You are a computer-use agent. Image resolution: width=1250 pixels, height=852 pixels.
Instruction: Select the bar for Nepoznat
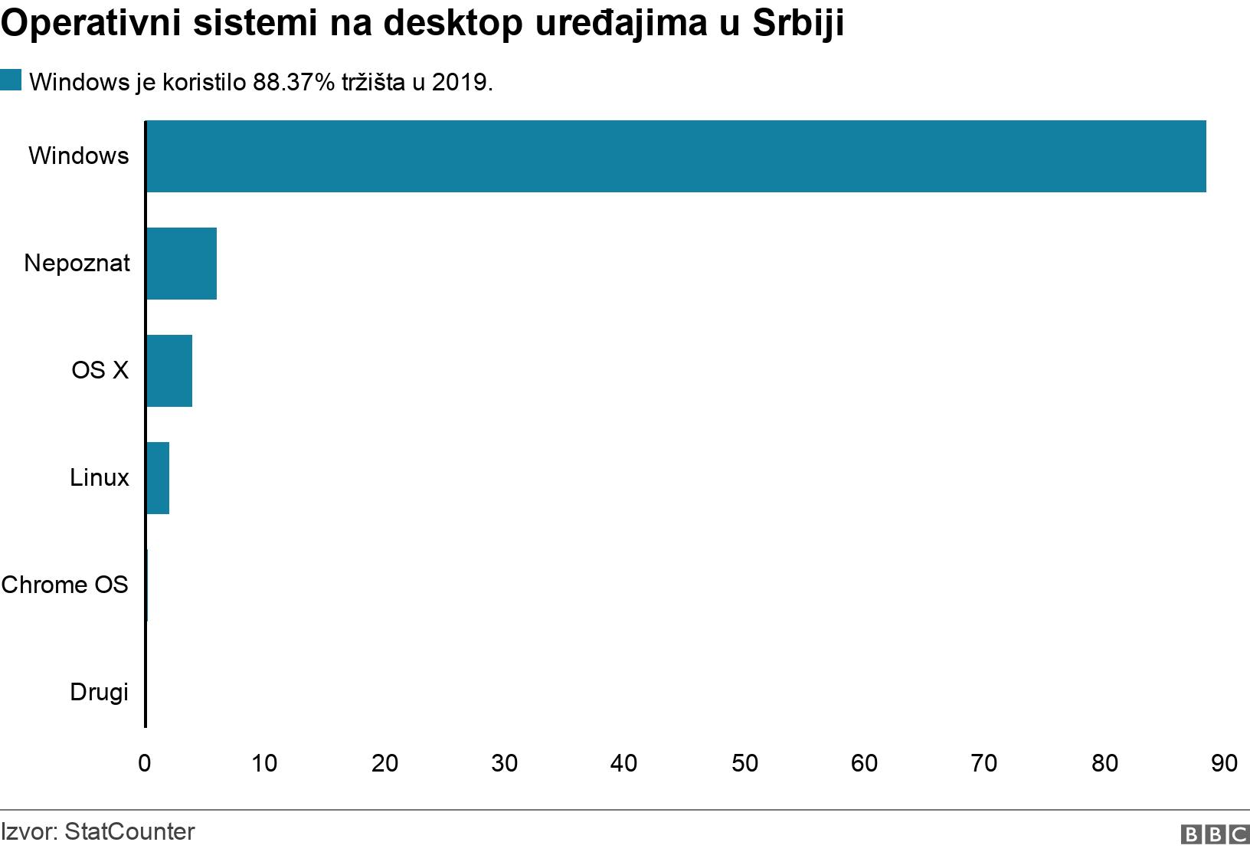(x=182, y=264)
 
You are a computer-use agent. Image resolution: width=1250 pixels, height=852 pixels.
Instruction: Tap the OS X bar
(x=169, y=371)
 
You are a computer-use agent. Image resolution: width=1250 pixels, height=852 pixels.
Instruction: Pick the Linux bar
(x=158, y=478)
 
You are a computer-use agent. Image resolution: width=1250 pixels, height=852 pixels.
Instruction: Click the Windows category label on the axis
(x=79, y=156)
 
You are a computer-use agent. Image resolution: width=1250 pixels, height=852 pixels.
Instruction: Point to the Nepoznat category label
(x=77, y=264)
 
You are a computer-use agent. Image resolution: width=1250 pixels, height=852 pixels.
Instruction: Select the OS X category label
(x=100, y=371)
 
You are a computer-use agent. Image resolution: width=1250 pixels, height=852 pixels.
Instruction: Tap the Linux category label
(x=99, y=478)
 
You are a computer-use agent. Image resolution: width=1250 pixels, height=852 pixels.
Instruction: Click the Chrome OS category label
(x=65, y=585)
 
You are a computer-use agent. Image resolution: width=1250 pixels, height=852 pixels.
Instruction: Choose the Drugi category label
(x=99, y=693)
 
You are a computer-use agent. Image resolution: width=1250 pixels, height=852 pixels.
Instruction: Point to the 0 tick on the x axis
(x=145, y=763)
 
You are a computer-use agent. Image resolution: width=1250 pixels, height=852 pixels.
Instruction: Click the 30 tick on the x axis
(x=505, y=763)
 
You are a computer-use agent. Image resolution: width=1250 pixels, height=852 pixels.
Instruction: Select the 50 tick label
(x=744, y=763)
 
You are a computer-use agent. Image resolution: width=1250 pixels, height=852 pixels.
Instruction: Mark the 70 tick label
(x=984, y=763)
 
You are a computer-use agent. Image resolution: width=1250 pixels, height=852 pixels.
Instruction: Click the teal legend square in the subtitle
(x=11, y=80)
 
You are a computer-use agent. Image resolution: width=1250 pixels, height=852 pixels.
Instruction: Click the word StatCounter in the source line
(x=130, y=832)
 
